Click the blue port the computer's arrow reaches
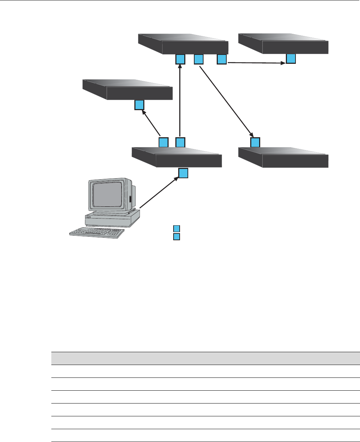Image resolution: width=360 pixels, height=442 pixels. click(x=183, y=173)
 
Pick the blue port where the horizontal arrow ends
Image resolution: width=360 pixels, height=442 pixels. click(x=291, y=59)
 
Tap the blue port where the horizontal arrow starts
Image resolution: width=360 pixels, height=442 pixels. click(x=222, y=59)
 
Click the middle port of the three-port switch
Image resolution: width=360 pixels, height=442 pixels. click(x=199, y=59)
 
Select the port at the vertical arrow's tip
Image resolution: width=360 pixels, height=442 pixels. click(x=180, y=59)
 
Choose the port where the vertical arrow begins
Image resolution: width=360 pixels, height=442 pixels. click(x=180, y=143)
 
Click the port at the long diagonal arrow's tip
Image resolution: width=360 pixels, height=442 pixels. click(x=255, y=143)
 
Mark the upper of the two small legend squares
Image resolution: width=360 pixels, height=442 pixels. click(x=176, y=228)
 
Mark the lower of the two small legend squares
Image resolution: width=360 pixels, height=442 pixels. click(x=176, y=237)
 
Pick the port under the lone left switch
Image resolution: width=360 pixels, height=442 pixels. click(x=139, y=105)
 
